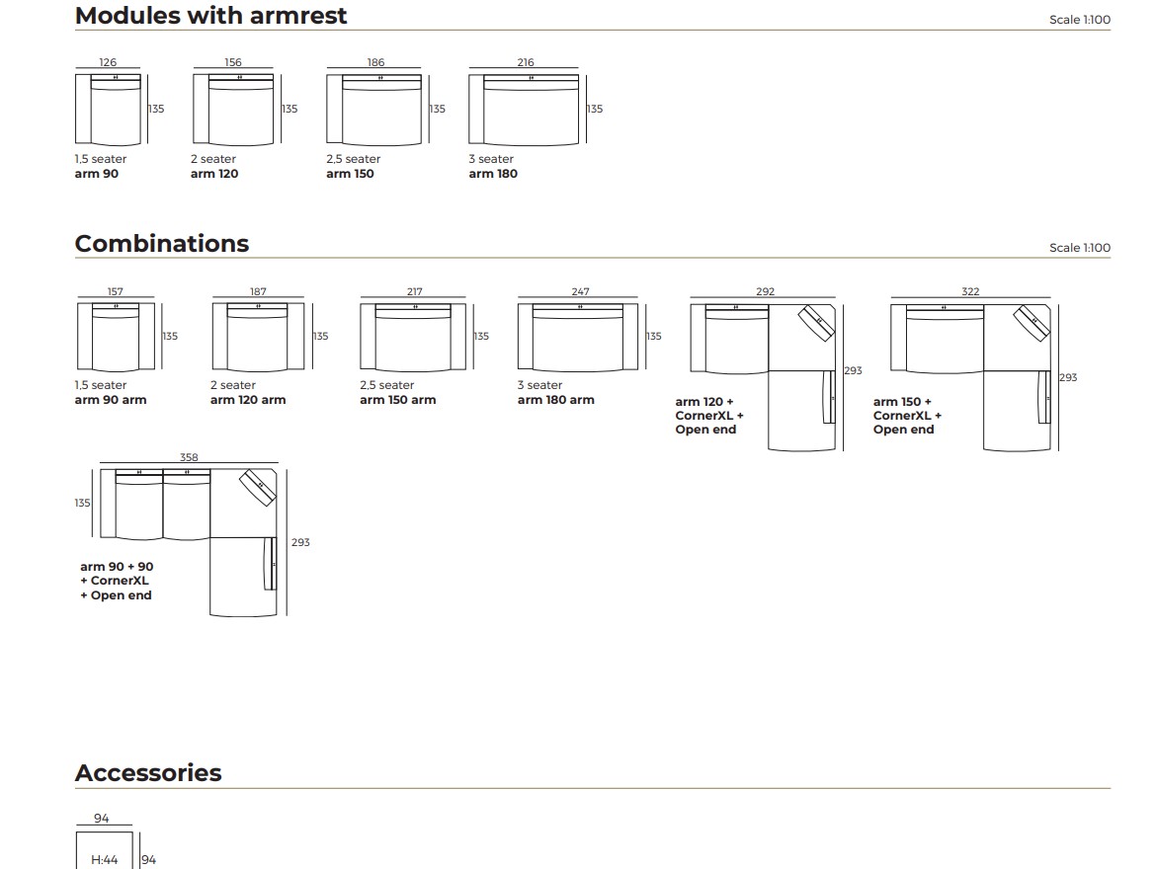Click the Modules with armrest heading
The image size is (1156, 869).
pyautogui.click(x=210, y=16)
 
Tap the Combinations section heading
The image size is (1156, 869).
pyautogui.click(x=162, y=244)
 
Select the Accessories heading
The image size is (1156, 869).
pyautogui.click(x=148, y=773)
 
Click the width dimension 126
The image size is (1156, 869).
pyautogui.click(x=108, y=62)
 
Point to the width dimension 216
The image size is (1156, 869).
pyautogui.click(x=526, y=62)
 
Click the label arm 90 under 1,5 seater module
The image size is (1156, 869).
pyautogui.click(x=97, y=174)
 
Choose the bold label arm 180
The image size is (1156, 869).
pyautogui.click(x=493, y=174)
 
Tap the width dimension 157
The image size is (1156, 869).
pyautogui.click(x=116, y=291)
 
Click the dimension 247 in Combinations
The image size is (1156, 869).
pyautogui.click(x=580, y=291)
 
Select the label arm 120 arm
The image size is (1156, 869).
pyautogui.click(x=248, y=400)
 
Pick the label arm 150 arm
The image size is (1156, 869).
pyautogui.click(x=397, y=400)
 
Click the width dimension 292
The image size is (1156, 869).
pyautogui.click(x=765, y=291)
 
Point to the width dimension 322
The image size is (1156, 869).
pyautogui.click(x=970, y=291)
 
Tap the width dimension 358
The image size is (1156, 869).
pyautogui.click(x=189, y=457)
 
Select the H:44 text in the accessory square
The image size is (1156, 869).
pyautogui.click(x=104, y=860)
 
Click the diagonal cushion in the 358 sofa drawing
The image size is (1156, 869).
pyautogui.click(x=259, y=487)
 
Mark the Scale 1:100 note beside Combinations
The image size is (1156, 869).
pyautogui.click(x=1079, y=248)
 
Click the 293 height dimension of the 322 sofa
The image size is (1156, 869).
pyautogui.click(x=1068, y=377)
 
